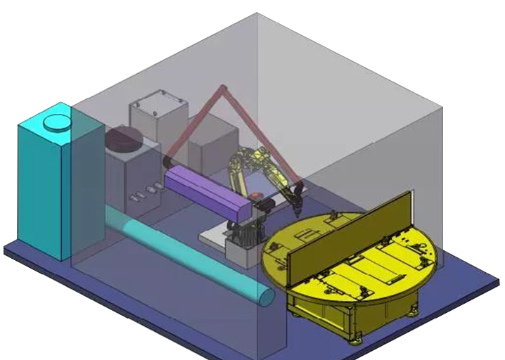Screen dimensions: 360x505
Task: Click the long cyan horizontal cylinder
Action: click(183, 253)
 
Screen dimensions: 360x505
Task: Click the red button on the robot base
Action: click(257, 192)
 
